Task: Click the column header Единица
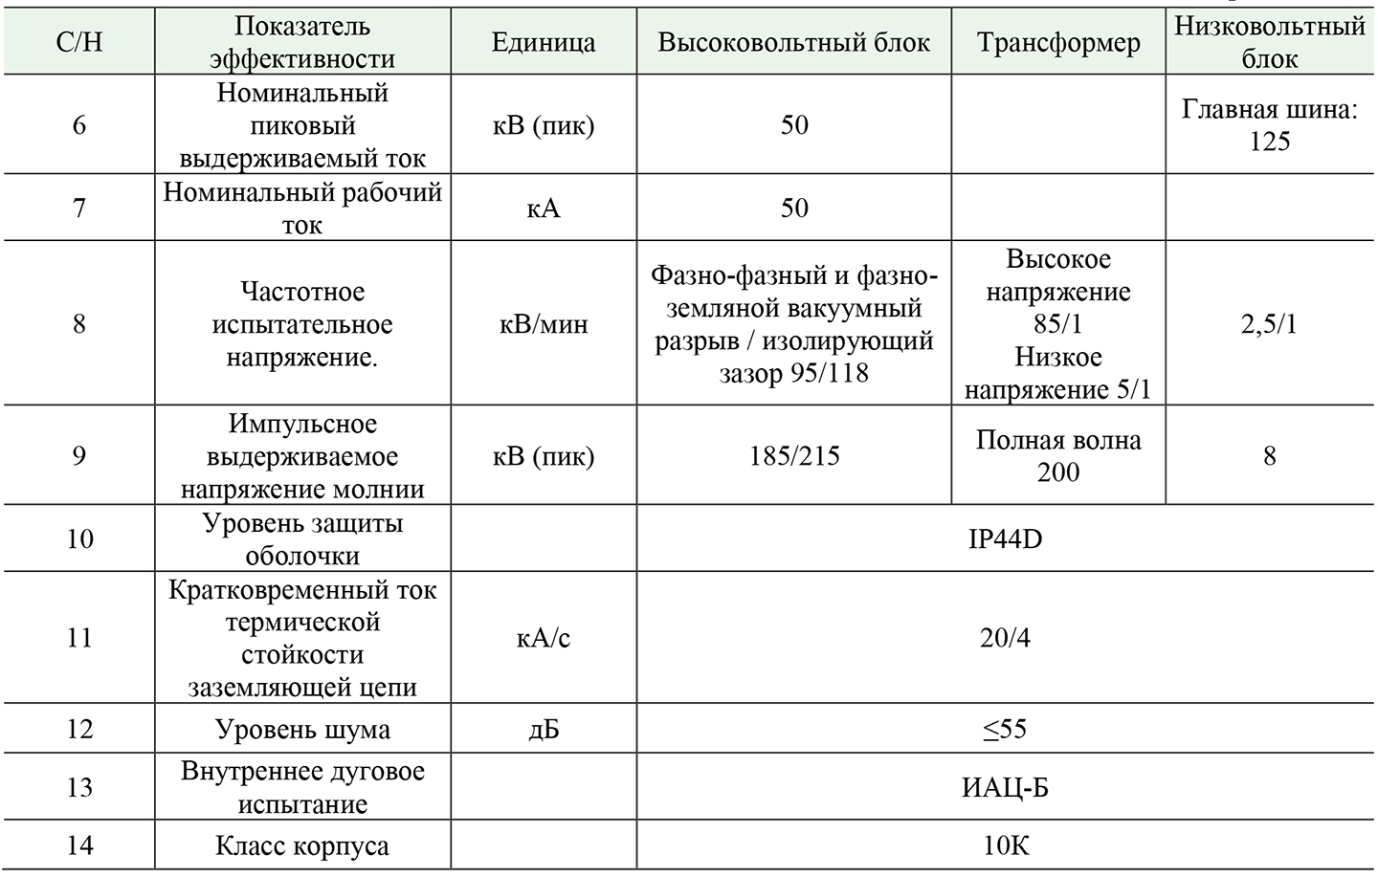[x=543, y=43]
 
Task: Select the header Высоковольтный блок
[x=793, y=43]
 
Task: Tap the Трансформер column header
[x=1057, y=43]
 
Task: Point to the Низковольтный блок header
[x=1269, y=42]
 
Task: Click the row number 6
[x=78, y=125]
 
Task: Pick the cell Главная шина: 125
[x=1269, y=125]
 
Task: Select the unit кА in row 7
[x=543, y=208]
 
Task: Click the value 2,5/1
[x=1269, y=324]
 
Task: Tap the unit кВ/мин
[x=543, y=324]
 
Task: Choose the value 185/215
[x=793, y=455]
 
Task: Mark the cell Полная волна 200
[x=1057, y=455]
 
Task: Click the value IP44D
[x=1005, y=538]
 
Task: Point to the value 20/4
[x=1005, y=638]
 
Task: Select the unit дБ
[x=543, y=730]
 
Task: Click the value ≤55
[x=1005, y=730]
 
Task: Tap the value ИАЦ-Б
[x=1005, y=788]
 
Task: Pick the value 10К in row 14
[x=1005, y=846]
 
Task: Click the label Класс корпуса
[x=302, y=846]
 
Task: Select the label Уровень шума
[x=302, y=730]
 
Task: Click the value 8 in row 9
[x=1269, y=455]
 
